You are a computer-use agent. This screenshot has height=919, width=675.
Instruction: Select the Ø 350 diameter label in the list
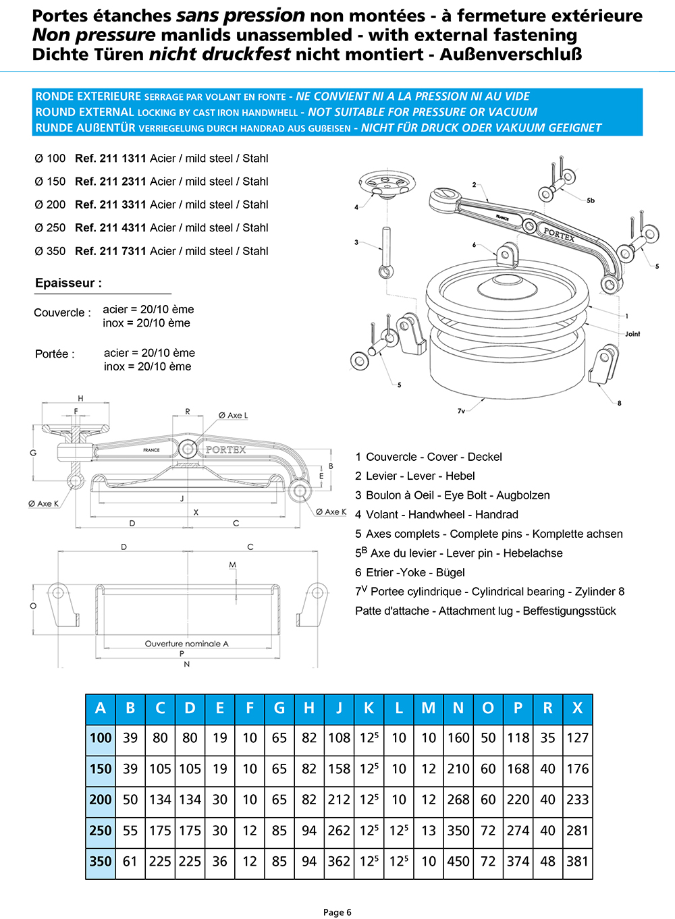pos(51,251)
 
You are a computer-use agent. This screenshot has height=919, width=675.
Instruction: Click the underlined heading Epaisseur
pos(68,283)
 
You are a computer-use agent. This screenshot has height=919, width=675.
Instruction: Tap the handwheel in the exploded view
pos(387,183)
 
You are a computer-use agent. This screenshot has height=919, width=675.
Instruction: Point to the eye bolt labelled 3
pos(385,252)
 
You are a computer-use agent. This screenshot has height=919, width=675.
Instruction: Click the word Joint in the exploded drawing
pos(632,334)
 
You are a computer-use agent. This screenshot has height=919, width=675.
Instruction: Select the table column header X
pos(577,708)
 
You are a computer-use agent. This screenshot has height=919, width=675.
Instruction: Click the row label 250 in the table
pos(101,831)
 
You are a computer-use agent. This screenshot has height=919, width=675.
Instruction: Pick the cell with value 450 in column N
pos(458,862)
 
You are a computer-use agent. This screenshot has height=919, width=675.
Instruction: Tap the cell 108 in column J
pos(339,738)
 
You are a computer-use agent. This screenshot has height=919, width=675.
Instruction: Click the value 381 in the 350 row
pos(577,862)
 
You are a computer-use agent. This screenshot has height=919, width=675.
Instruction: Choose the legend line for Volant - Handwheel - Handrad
pos(437,515)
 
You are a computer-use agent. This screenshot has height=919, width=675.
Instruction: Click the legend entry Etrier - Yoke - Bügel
pos(410,573)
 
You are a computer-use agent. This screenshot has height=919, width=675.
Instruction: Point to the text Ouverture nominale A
pos(187,644)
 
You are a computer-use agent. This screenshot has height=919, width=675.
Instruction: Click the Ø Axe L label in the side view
pos(233,416)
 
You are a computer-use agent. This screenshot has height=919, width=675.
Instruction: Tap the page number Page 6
pos(337,912)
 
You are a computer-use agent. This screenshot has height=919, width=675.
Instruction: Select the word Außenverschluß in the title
pos(511,55)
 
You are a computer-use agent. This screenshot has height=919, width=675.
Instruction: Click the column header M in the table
pos(429,708)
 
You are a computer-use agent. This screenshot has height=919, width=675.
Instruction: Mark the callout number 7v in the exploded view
pos(461,411)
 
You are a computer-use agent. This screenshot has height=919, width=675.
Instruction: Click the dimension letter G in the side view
pos(33,453)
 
